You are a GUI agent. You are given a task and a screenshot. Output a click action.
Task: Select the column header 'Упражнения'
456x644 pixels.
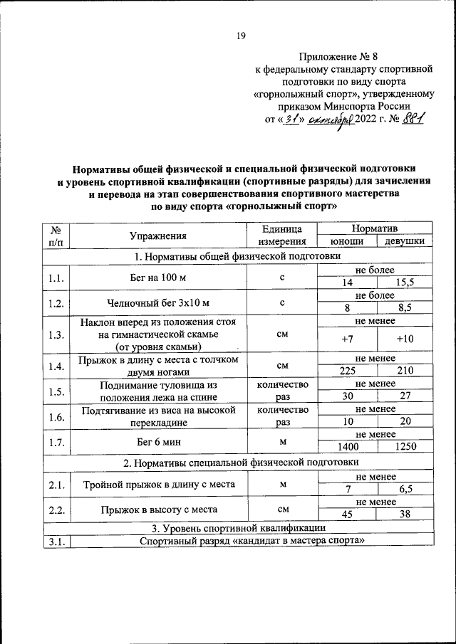click(x=158, y=236)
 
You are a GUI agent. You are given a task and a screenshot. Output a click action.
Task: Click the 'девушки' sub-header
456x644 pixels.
click(x=404, y=242)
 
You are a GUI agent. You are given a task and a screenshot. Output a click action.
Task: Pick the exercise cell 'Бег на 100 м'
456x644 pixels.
click(x=158, y=276)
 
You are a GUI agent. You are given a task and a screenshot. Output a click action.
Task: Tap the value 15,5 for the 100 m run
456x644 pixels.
click(x=404, y=283)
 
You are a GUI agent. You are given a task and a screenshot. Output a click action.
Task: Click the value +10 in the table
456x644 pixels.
click(x=404, y=339)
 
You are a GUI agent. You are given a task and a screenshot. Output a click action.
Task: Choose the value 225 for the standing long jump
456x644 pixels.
click(x=347, y=371)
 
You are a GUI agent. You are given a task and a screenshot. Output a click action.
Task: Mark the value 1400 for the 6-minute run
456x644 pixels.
click(x=347, y=446)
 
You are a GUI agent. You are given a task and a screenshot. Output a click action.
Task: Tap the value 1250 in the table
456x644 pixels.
click(x=404, y=446)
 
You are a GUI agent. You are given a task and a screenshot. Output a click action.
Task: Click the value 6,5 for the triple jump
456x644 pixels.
click(x=404, y=490)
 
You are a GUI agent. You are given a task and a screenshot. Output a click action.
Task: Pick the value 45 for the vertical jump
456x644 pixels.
click(x=347, y=515)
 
